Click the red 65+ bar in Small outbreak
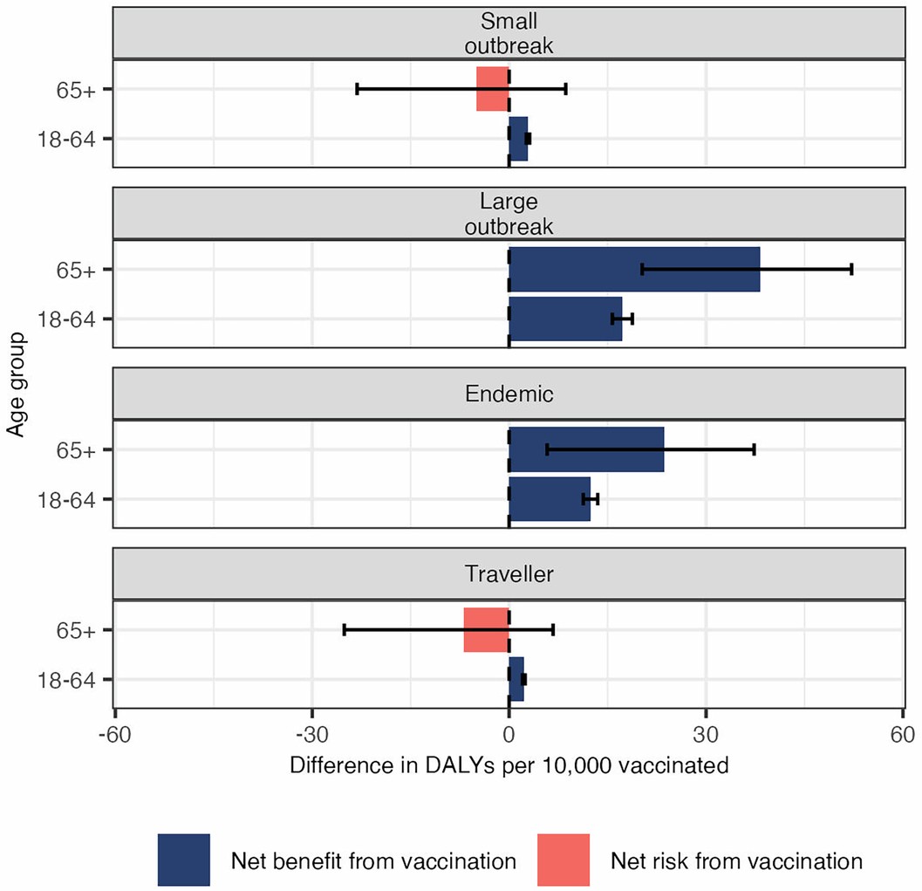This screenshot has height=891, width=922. (x=493, y=89)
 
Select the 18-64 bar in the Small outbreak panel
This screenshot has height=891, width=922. (x=518, y=139)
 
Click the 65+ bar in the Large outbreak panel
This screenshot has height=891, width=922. (x=634, y=270)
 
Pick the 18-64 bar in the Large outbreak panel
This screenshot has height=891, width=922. (x=565, y=319)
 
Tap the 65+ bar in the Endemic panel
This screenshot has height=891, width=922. (x=586, y=449)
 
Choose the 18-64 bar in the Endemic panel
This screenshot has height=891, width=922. (x=550, y=499)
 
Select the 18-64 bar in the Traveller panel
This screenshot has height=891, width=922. (x=516, y=680)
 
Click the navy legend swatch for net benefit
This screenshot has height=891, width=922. (x=184, y=860)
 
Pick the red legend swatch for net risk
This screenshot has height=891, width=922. (x=563, y=860)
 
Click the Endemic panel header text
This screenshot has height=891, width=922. (x=509, y=394)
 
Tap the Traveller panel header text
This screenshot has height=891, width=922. (x=509, y=574)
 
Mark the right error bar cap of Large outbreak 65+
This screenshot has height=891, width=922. (x=851, y=270)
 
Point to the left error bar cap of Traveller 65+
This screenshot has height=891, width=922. (x=345, y=630)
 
